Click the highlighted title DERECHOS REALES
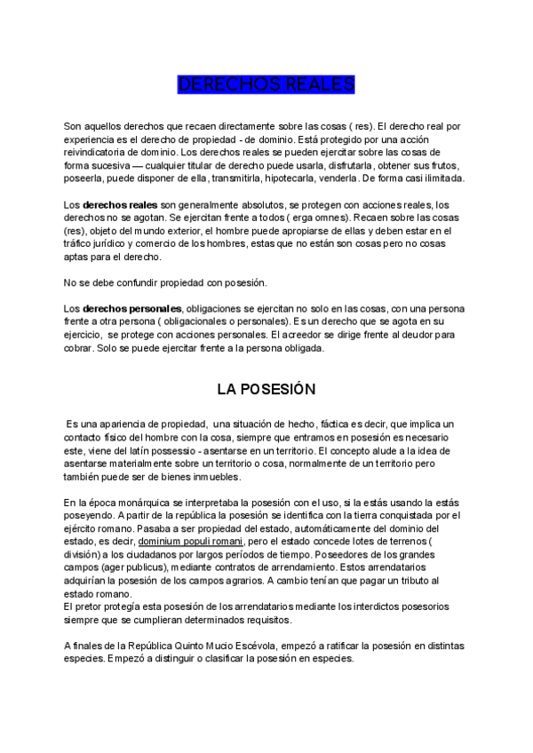point(266,84)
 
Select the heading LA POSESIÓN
point(266,388)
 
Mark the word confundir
point(126,282)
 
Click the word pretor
point(86,607)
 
